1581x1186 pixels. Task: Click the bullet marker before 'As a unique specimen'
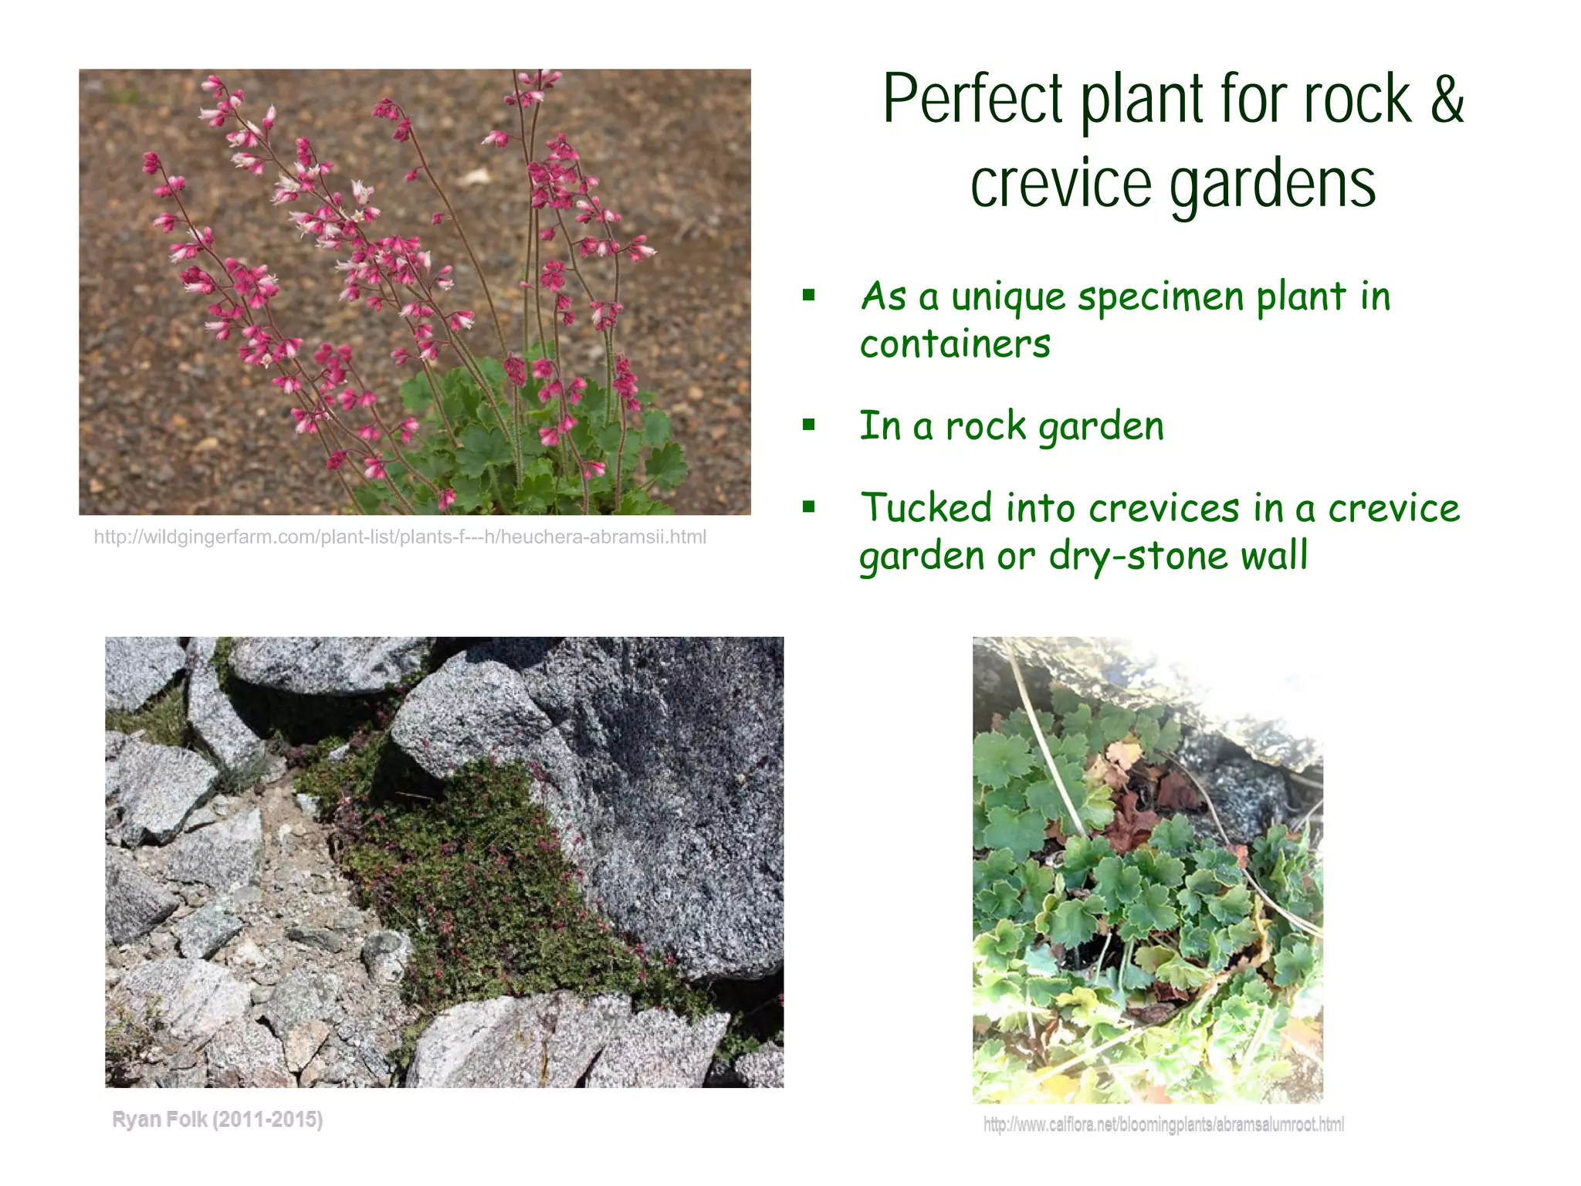[x=809, y=295]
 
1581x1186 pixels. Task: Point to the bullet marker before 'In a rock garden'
[x=809, y=425]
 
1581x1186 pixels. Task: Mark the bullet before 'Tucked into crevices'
[x=809, y=507]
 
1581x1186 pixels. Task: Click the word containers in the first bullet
[x=955, y=344]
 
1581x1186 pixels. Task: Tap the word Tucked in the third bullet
[x=926, y=507]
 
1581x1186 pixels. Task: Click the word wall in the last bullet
[x=1274, y=554]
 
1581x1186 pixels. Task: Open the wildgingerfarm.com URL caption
[x=400, y=537]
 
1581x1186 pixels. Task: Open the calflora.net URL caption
[x=1163, y=1124]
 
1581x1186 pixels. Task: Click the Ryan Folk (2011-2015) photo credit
[x=218, y=1120]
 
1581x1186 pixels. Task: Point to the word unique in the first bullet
[x=1008, y=297]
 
